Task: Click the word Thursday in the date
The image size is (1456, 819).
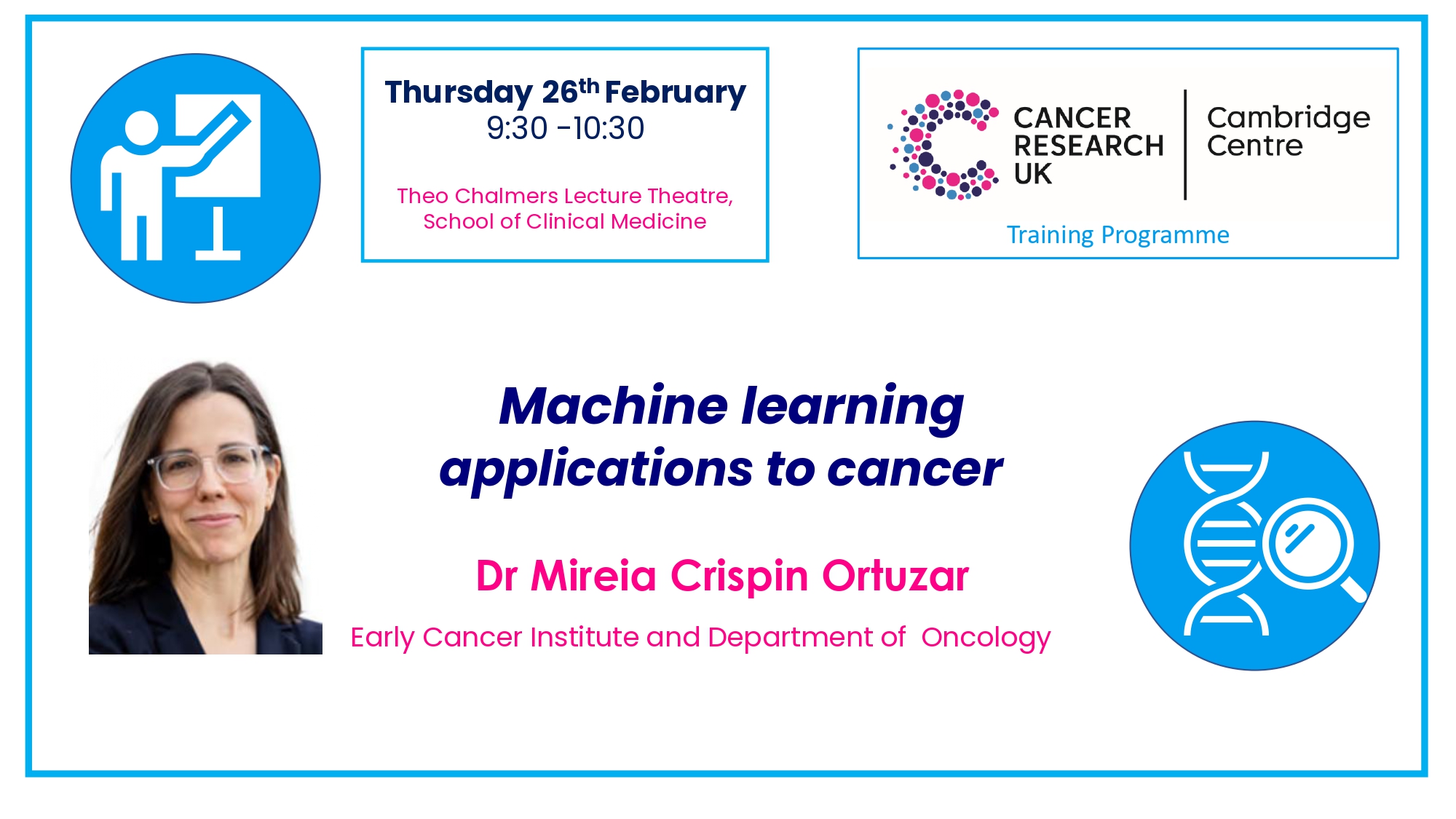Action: [459, 92]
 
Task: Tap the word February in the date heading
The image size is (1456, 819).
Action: [675, 92]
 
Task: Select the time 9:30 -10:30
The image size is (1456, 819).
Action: [566, 128]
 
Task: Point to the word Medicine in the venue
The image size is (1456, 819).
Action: [659, 221]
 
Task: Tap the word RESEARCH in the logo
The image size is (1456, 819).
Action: [1088, 146]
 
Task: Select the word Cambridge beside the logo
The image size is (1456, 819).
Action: [1289, 118]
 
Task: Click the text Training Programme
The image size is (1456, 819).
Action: [1117, 235]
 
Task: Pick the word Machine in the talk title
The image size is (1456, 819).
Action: [613, 405]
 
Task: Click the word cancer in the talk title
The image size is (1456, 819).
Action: [915, 469]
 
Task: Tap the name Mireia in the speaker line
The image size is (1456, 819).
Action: [593, 576]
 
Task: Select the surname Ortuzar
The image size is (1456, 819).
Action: [895, 576]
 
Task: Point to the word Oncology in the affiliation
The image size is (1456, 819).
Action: [986, 638]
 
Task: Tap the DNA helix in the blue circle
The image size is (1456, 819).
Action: [1226, 543]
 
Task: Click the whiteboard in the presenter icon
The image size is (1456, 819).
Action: [218, 145]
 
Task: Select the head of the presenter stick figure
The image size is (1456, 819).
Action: [141, 128]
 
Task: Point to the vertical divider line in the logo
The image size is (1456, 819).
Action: [1185, 144]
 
